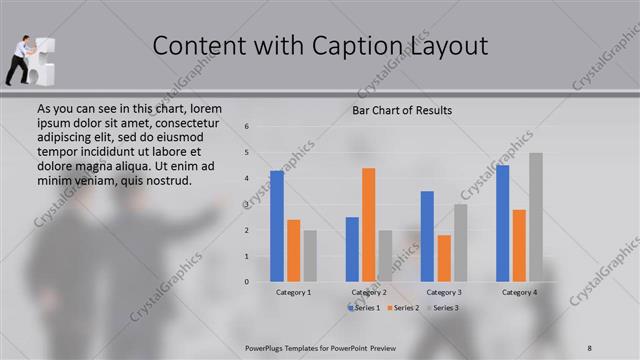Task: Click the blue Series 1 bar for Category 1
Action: pyautogui.click(x=277, y=226)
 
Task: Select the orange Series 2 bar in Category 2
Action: pyautogui.click(x=369, y=225)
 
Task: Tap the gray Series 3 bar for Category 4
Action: pyautogui.click(x=536, y=217)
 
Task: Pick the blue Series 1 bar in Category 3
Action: pyautogui.click(x=428, y=236)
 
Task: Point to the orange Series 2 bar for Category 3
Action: pyautogui.click(x=444, y=258)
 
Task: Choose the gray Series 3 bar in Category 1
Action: pyautogui.click(x=310, y=256)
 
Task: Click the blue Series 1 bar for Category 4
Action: pyautogui.click(x=503, y=223)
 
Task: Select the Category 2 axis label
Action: pyautogui.click(x=369, y=292)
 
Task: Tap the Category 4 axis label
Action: pyautogui.click(x=519, y=292)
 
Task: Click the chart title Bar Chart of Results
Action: pyautogui.click(x=402, y=110)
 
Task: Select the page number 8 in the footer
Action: pyautogui.click(x=590, y=347)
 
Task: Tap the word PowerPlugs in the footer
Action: pyautogui.click(x=269, y=347)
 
